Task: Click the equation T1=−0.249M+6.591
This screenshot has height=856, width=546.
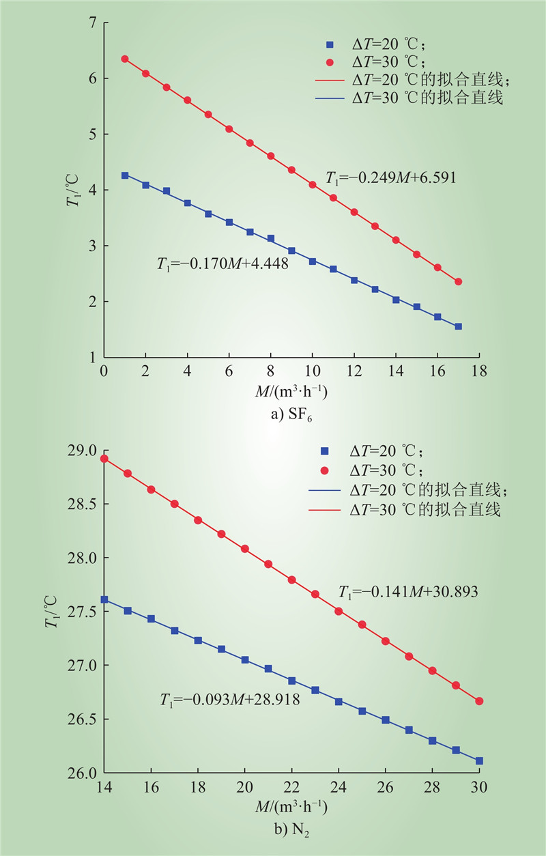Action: tap(390, 178)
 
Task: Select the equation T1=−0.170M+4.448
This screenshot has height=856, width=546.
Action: tap(222, 263)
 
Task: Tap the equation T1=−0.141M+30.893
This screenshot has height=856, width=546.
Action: tap(407, 592)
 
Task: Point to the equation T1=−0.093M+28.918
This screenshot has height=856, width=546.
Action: tap(230, 700)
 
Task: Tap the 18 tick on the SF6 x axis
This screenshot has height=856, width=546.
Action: tap(479, 371)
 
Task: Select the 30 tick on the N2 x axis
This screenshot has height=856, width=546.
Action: tap(479, 786)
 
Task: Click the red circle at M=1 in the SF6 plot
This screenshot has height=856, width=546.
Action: tap(125, 59)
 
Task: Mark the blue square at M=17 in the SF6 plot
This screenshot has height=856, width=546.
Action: tap(458, 326)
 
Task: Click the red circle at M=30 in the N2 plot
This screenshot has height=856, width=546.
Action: tap(479, 701)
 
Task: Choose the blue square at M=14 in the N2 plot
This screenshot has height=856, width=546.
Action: tap(104, 599)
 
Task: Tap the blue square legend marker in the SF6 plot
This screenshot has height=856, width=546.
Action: tap(329, 45)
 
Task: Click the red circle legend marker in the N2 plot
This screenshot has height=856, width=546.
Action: tap(325, 471)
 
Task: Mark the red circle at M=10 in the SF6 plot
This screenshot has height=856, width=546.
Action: tap(313, 184)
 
